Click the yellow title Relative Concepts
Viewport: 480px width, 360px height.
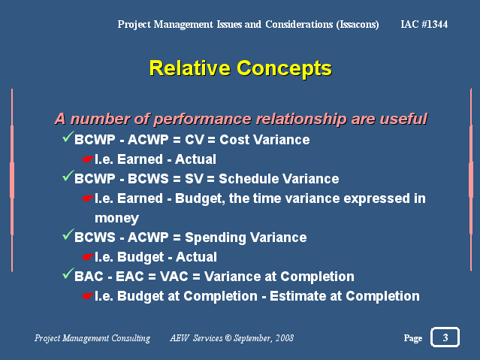point(240,68)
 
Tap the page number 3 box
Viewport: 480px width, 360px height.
point(445,337)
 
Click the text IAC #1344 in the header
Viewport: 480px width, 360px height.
point(424,24)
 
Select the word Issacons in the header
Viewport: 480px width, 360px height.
point(358,24)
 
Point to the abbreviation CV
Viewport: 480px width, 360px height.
point(194,140)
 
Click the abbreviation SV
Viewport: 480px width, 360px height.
point(194,179)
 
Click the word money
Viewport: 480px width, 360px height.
point(116,218)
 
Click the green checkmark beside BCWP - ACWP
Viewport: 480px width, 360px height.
point(68,137)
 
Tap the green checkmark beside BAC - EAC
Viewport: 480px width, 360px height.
point(68,274)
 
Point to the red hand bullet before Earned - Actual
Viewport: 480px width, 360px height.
point(88,159)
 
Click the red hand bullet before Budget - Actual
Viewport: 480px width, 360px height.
point(88,257)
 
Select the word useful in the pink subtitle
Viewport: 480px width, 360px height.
point(403,119)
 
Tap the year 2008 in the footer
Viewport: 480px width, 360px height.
point(285,338)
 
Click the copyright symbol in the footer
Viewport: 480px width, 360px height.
point(228,338)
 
